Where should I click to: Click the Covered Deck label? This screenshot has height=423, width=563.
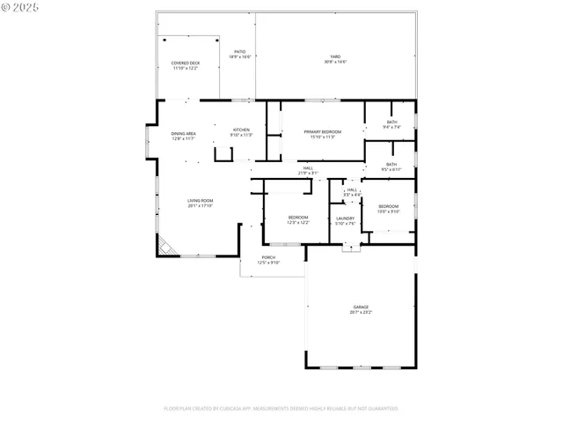[x=185, y=63]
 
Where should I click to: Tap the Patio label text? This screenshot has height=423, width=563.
[x=240, y=52]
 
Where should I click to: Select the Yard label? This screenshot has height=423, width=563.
[x=335, y=57]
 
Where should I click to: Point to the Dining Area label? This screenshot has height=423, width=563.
[x=183, y=133]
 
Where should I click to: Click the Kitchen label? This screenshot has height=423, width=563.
[x=241, y=130]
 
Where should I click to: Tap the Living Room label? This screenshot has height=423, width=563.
[x=200, y=201]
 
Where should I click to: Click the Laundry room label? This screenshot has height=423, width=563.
[x=345, y=218]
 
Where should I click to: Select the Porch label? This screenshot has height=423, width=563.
[x=268, y=257]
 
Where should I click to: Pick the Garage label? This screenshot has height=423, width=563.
[x=361, y=307]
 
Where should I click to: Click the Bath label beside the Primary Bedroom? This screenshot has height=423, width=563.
[x=392, y=122]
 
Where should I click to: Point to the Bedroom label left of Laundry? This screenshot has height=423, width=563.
[x=298, y=217]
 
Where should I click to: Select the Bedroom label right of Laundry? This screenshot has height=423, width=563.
[x=388, y=206]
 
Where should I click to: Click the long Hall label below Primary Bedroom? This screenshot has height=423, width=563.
[x=308, y=167]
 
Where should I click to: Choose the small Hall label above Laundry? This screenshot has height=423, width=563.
[x=352, y=189]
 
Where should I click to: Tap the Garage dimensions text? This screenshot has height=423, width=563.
[x=361, y=312]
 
